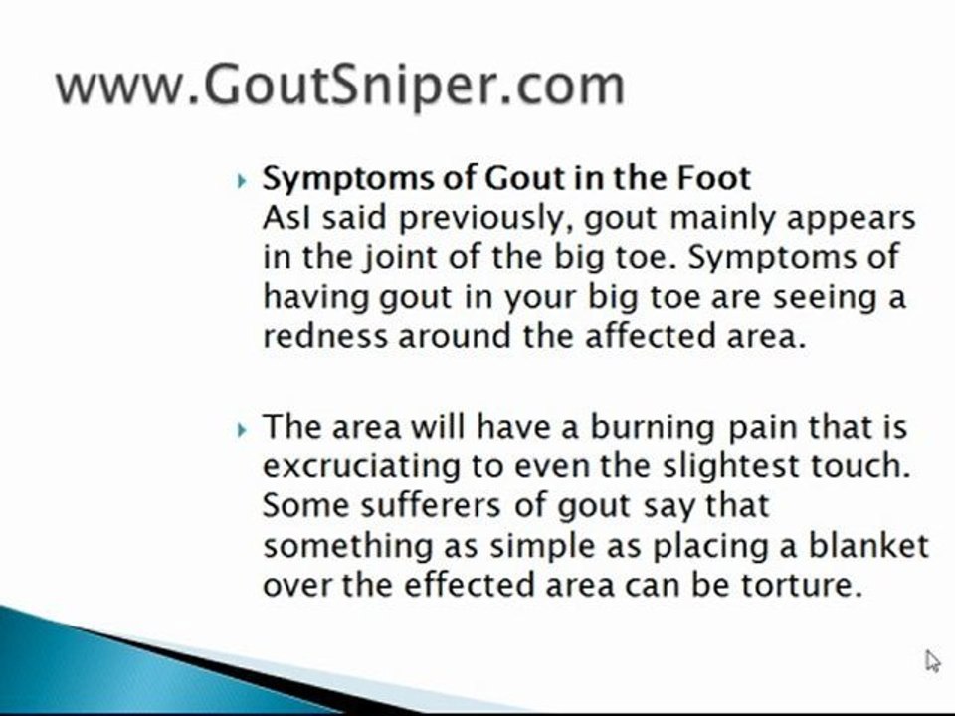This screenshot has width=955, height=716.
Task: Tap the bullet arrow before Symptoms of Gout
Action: (x=242, y=182)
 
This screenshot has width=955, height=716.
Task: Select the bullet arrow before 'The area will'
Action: (x=242, y=430)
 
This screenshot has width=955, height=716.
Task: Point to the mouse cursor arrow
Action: (x=932, y=661)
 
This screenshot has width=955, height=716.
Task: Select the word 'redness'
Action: (x=325, y=336)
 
